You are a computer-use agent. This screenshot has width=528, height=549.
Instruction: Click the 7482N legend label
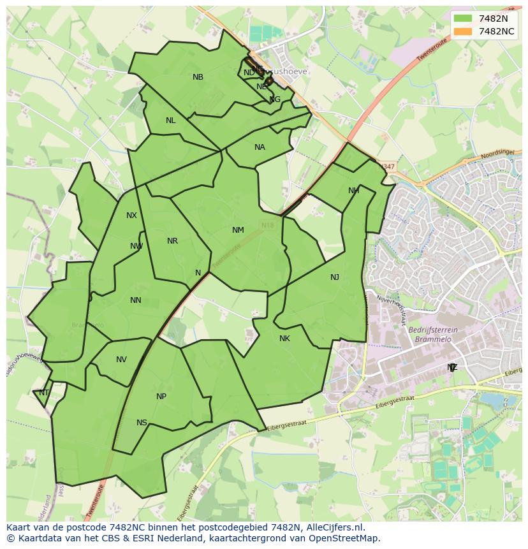pyautogui.click(x=493, y=18)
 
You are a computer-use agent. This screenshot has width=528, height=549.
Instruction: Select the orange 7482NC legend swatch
pyautogui.click(x=464, y=31)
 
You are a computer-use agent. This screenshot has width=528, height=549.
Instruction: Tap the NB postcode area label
pyautogui.click(x=198, y=77)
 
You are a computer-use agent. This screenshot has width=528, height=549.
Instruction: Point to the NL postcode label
pyautogui.click(x=170, y=121)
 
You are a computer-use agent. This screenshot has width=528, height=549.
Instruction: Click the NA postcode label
pyautogui.click(x=260, y=147)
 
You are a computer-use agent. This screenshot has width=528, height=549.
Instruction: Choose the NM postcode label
pyautogui.click(x=238, y=230)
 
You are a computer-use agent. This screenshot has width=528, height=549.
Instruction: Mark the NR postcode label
pyautogui.click(x=172, y=241)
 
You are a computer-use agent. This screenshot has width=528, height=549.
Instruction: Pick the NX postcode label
pyautogui.click(x=131, y=216)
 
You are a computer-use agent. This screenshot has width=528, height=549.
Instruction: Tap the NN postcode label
pyautogui.click(x=135, y=300)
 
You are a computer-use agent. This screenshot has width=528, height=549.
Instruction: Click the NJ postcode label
pyautogui.click(x=335, y=277)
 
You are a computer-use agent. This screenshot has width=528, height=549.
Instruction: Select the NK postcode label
pyautogui.click(x=284, y=339)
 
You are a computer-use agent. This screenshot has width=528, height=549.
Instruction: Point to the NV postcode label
pyautogui.click(x=121, y=360)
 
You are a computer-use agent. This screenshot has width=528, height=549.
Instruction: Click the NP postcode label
pyautogui.click(x=161, y=397)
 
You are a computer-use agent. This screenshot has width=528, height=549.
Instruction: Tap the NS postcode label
pyautogui.click(x=142, y=423)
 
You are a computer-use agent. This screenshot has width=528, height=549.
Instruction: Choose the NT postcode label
pyautogui.click(x=43, y=393)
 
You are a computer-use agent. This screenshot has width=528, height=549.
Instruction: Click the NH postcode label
pyautogui.click(x=353, y=191)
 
